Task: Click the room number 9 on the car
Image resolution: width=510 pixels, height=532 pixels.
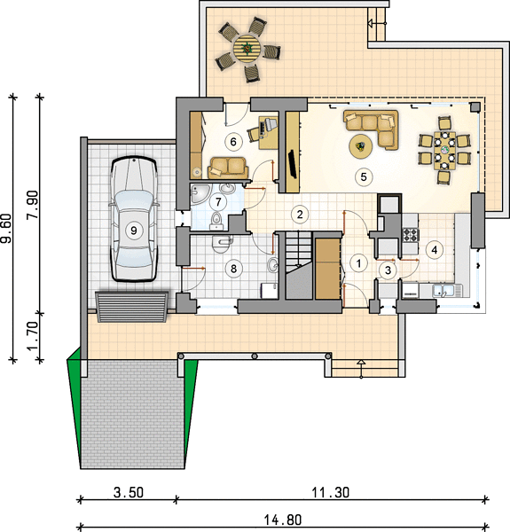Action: point(134,231)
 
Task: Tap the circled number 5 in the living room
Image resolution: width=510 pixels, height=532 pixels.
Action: point(364,176)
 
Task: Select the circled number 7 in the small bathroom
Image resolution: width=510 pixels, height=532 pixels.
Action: point(218,202)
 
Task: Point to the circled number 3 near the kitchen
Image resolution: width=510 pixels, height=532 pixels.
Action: point(388,270)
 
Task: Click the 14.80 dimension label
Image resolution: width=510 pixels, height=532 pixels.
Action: point(283,520)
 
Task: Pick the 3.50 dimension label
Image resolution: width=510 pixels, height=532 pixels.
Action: point(129,493)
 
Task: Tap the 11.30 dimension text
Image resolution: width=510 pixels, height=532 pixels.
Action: point(331,493)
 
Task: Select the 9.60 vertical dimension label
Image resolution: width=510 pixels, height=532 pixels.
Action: point(7,228)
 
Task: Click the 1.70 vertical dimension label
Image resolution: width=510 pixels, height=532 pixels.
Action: point(33,336)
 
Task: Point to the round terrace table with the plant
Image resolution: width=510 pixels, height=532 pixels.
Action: point(247,49)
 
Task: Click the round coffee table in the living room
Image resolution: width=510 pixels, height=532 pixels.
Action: point(361,146)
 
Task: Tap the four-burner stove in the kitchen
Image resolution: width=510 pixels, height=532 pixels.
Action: point(411,235)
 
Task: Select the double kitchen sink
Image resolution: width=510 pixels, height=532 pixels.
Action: point(443,291)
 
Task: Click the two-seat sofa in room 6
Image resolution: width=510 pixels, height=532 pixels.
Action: point(228,168)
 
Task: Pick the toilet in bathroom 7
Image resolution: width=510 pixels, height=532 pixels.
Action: point(216,220)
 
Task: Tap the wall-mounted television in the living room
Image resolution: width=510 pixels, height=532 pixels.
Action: point(293,164)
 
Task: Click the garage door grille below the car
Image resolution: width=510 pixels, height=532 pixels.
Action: point(131,306)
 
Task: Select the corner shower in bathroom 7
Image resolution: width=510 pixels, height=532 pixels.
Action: point(199,195)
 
